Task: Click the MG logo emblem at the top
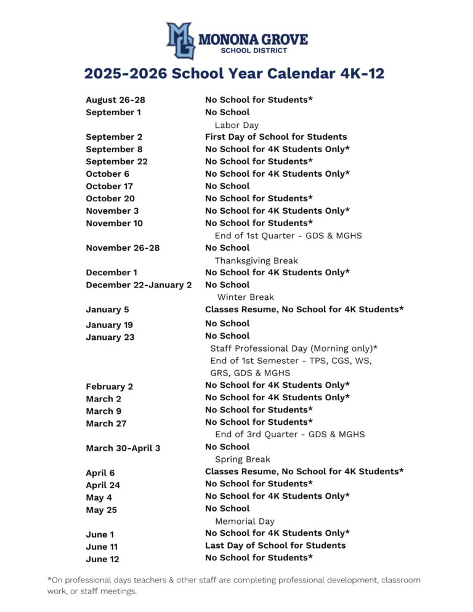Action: pos(180,40)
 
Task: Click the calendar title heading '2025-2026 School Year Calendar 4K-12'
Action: pos(234,74)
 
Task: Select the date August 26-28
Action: pos(115,100)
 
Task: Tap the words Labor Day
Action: pos(236,125)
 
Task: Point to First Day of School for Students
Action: pos(275,137)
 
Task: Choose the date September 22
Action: pos(116,161)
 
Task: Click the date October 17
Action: pos(109,186)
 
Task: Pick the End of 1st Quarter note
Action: pos(288,235)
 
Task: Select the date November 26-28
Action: pos(123,248)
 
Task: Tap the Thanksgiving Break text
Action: pos(256,260)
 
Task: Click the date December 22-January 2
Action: pos(139,285)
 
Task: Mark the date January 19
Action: pos(109,324)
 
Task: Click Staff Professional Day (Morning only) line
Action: pos(294,348)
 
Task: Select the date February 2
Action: pos(109,387)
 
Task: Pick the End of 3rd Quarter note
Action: pos(289,434)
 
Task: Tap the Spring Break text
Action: pos(242,459)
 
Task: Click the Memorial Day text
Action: pos(245,521)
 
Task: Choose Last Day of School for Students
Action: pos(275,545)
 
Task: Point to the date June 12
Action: pos(102,559)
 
